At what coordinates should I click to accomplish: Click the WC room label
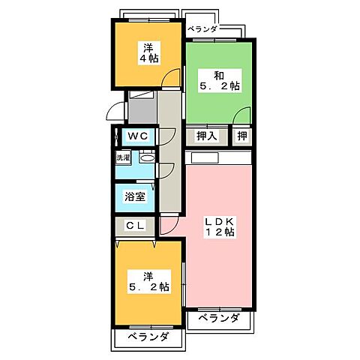click(136, 135)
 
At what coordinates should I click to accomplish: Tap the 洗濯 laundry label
click(123, 158)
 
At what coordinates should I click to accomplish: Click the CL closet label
click(135, 225)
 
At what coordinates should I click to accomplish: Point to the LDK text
click(220, 221)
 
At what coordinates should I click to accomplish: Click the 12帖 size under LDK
click(220, 233)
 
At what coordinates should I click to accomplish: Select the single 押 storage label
click(241, 136)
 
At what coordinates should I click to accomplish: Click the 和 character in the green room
click(218, 75)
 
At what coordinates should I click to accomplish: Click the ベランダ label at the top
click(202, 29)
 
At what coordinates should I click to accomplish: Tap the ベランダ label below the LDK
click(220, 319)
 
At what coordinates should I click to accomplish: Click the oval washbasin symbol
click(147, 158)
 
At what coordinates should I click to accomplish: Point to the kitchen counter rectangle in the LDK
click(212, 158)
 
